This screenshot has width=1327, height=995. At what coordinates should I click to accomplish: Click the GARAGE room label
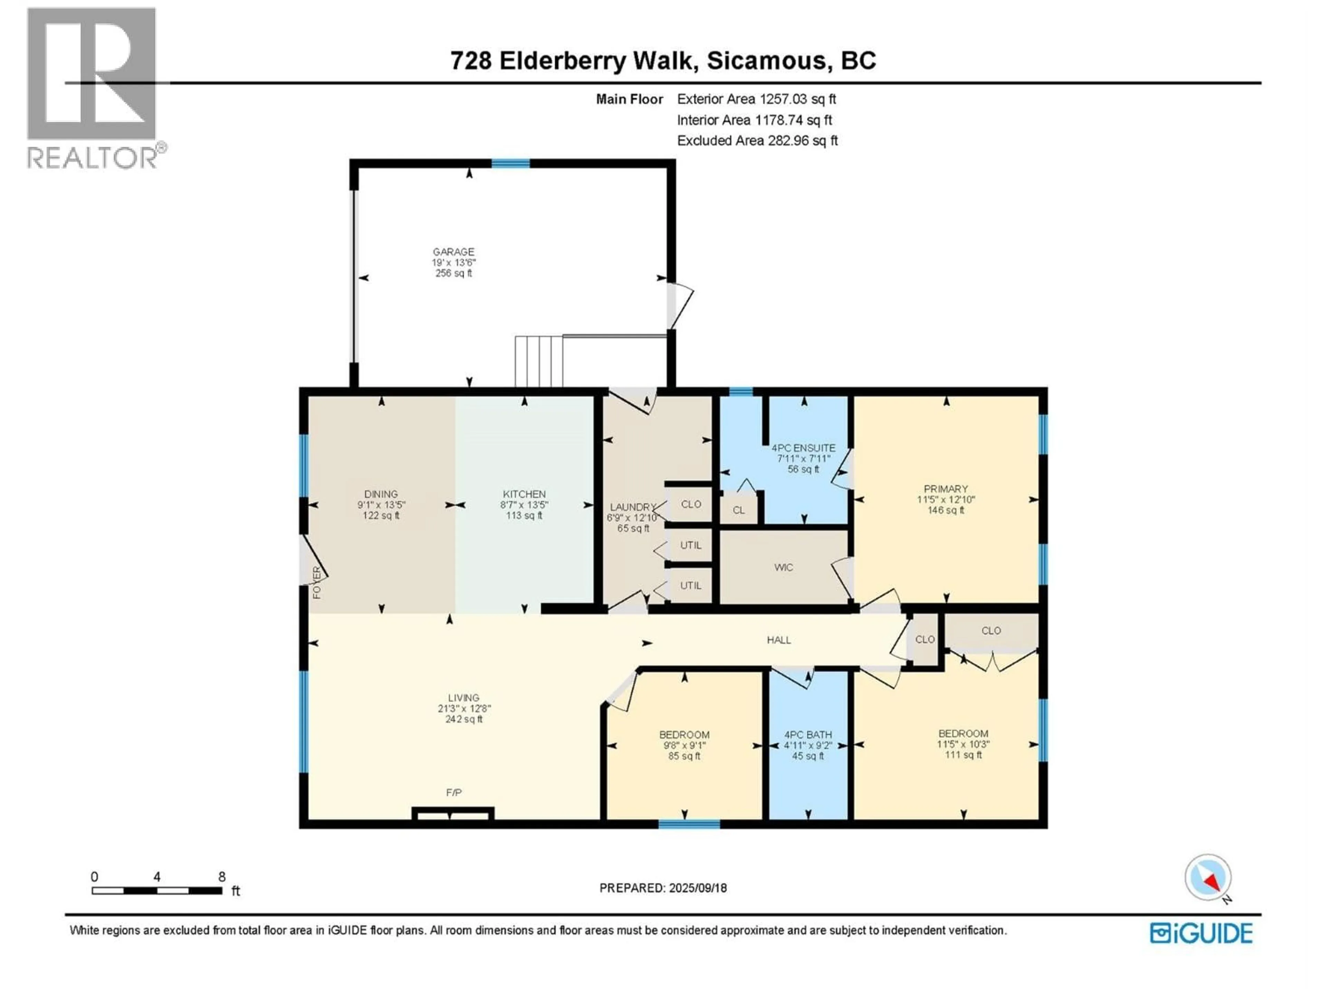pyautogui.click(x=453, y=252)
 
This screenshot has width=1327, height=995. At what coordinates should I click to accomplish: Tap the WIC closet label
pyautogui.click(x=783, y=567)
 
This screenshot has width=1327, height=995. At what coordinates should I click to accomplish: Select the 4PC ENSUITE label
pyautogui.click(x=803, y=448)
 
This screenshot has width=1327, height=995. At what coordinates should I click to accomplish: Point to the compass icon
pyautogui.click(x=1208, y=878)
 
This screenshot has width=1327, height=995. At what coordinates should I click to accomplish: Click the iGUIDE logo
pyautogui.click(x=1201, y=933)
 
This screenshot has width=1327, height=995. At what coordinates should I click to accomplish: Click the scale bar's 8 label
pyautogui.click(x=222, y=877)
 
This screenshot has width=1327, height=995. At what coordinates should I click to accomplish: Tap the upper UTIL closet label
pyautogui.click(x=690, y=545)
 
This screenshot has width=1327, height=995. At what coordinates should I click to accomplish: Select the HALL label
pyautogui.click(x=779, y=640)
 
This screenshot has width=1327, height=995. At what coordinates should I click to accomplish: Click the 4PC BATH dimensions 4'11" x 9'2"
pyautogui.click(x=808, y=746)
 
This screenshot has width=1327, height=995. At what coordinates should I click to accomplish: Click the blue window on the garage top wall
pyautogui.click(x=510, y=163)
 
